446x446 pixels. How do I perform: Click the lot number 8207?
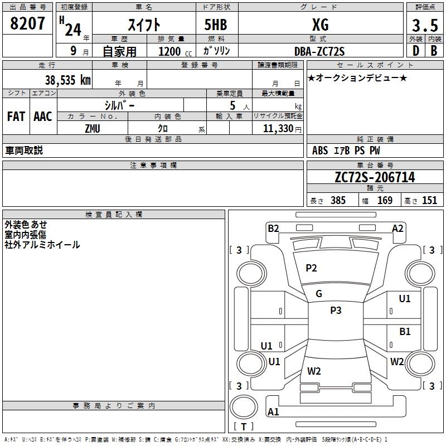[28, 24]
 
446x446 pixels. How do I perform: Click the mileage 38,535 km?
[67, 80]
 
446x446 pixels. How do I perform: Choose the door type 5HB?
[216, 25]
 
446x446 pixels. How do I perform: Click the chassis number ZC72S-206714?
[375, 178]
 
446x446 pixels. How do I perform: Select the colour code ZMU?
[93, 128]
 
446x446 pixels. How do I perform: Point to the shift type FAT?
[16, 117]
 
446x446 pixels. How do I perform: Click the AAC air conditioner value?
[43, 117]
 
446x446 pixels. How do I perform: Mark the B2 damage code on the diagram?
[273, 228]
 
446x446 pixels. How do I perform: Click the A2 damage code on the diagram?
[397, 228]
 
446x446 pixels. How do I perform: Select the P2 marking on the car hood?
[311, 268]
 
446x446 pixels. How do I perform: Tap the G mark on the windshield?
[319, 294]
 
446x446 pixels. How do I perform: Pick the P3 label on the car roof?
[336, 311]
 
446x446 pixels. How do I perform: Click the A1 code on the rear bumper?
[273, 412]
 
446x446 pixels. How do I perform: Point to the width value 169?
[385, 201]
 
